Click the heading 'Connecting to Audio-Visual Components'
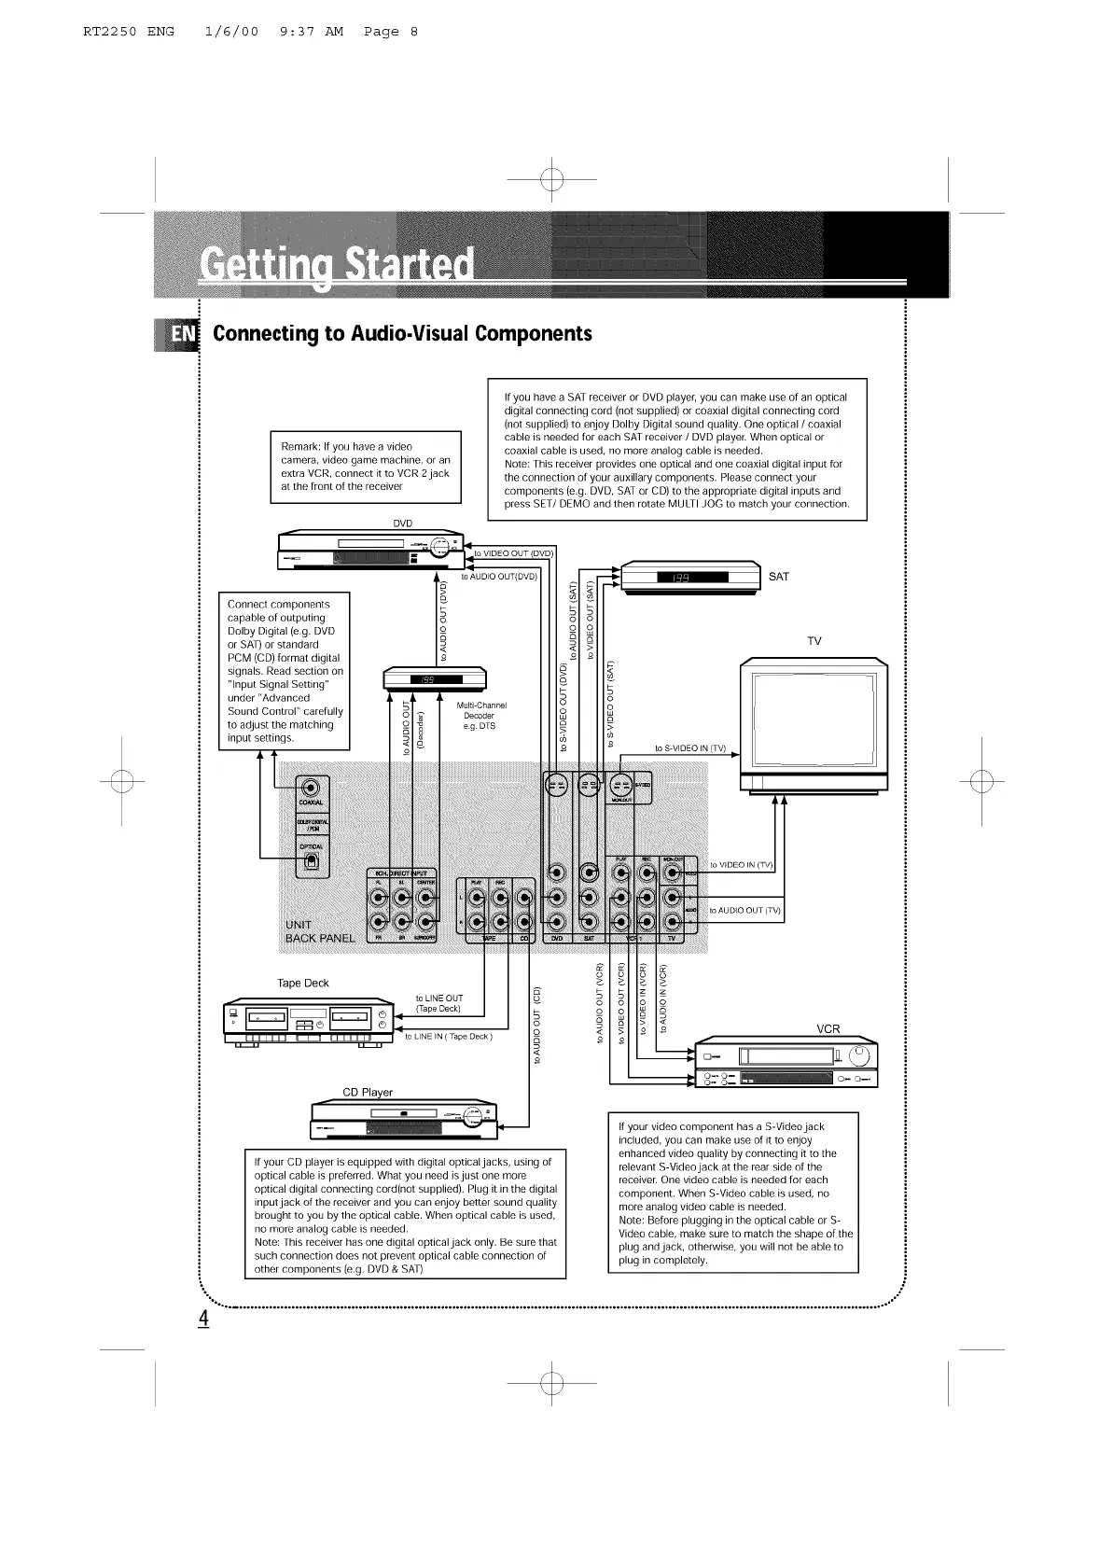(402, 334)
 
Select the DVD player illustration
(370, 551)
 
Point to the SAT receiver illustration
(690, 577)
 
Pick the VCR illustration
(786, 1063)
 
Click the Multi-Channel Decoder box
(436, 678)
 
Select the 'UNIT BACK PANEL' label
(320, 931)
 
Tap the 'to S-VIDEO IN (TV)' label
(689, 748)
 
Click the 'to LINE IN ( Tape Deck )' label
(449, 1037)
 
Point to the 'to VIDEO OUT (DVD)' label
(514, 552)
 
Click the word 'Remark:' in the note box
(300, 447)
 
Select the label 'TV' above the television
(814, 641)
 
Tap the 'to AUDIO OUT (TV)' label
(745, 911)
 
